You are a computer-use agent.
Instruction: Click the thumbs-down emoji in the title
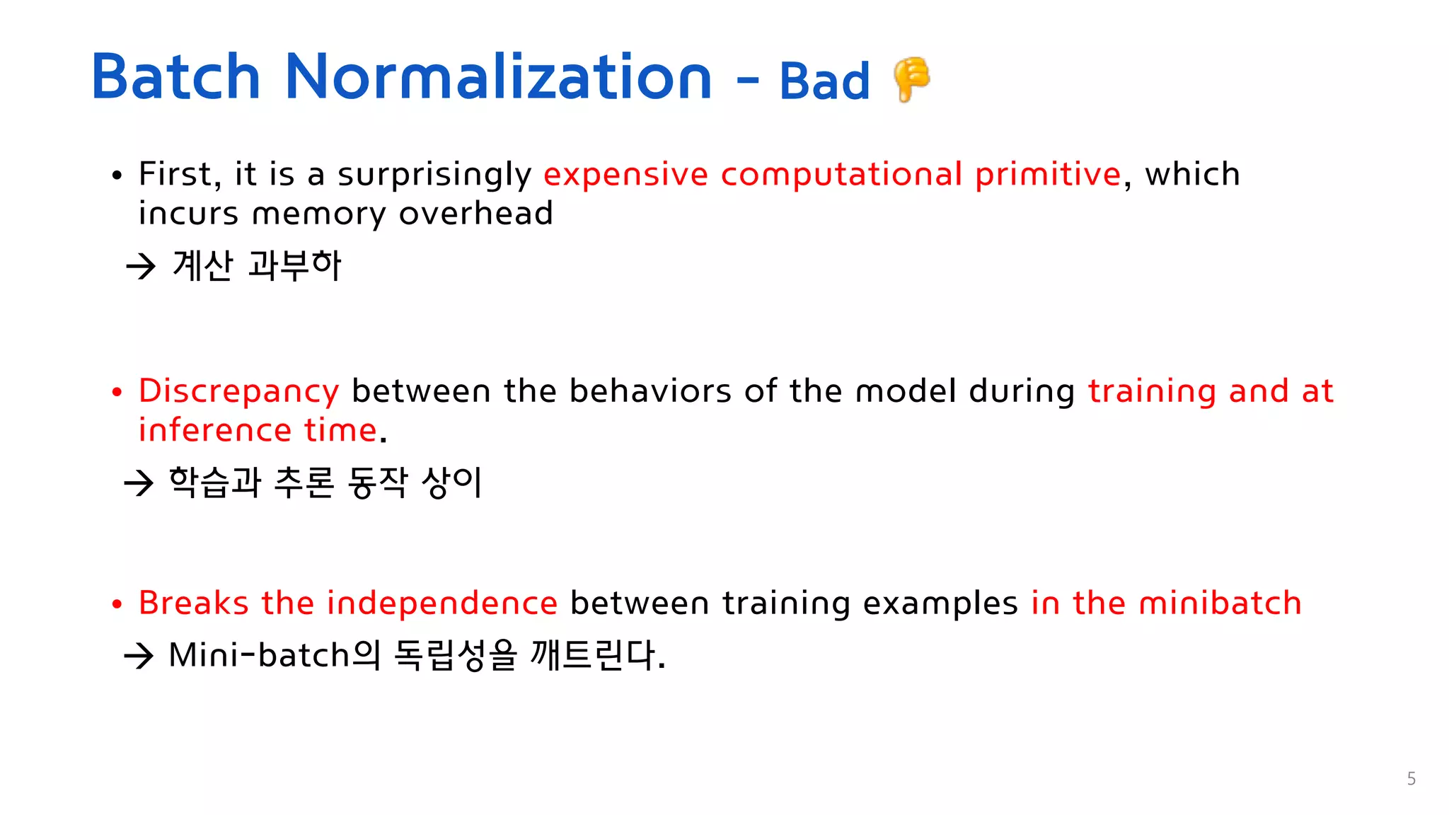click(x=911, y=79)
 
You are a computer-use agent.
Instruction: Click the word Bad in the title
click(x=824, y=81)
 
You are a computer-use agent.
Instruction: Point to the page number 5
click(x=1411, y=779)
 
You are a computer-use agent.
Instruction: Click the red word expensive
click(x=625, y=174)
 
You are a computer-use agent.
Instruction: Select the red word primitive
click(x=1048, y=175)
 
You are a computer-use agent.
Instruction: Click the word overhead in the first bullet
click(x=475, y=213)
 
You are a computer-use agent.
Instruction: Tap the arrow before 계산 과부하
click(x=141, y=267)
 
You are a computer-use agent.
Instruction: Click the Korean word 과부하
click(x=295, y=265)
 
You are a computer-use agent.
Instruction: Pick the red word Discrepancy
click(x=238, y=392)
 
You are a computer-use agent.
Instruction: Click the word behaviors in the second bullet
click(x=650, y=391)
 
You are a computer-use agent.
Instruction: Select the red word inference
click(x=215, y=430)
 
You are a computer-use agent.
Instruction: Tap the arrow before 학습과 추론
click(x=139, y=483)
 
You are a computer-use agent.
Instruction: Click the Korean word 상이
click(x=451, y=482)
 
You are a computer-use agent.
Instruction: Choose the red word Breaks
click(x=193, y=603)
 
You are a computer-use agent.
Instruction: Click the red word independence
click(x=441, y=603)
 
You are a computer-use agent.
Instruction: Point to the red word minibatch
click(x=1220, y=603)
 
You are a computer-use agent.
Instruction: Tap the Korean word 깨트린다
click(x=598, y=655)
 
